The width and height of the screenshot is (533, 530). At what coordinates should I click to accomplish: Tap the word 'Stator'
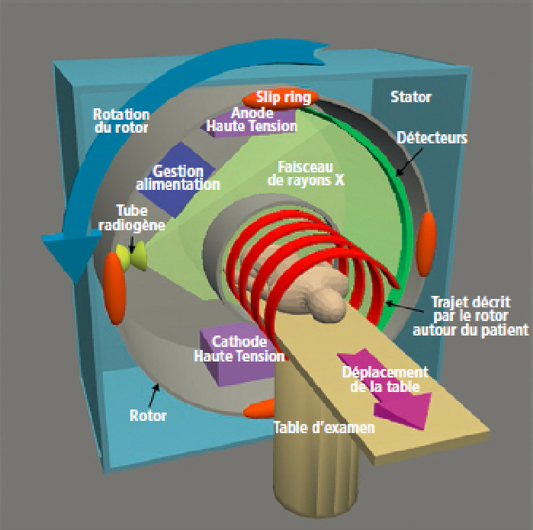click(410, 97)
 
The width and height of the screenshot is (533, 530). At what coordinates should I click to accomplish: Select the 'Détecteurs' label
click(432, 139)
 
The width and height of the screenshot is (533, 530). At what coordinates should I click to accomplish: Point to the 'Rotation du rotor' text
click(120, 121)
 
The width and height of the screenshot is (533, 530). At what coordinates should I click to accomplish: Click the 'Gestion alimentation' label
click(178, 178)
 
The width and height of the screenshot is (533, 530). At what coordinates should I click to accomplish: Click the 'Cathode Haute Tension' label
click(239, 349)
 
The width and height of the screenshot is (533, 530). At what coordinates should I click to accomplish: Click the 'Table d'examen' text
click(324, 427)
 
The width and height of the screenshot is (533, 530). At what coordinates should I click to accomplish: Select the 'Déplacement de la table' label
click(384, 379)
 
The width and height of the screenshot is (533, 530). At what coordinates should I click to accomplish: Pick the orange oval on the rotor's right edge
click(428, 233)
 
